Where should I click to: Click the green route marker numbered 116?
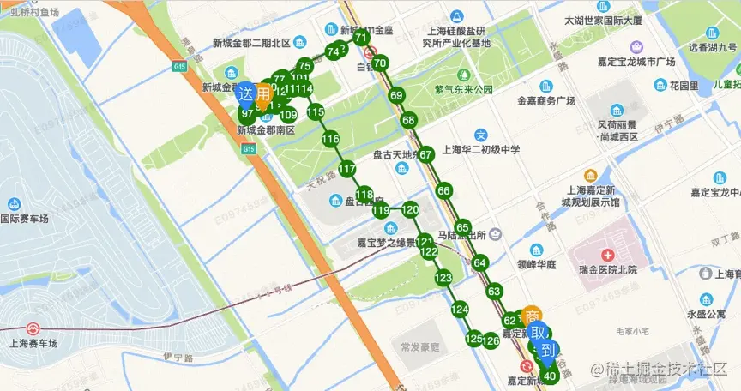pyautogui.click(x=330, y=139)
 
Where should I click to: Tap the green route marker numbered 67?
pyautogui.click(x=425, y=154)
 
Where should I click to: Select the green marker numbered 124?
pyautogui.click(x=460, y=309)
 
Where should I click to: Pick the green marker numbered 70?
pyautogui.click(x=381, y=63)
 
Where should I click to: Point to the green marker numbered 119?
pyautogui.click(x=382, y=210)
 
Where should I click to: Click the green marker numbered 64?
pyautogui.click(x=479, y=262)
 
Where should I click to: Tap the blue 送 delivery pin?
pyautogui.click(x=246, y=93)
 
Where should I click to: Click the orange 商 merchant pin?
pyautogui.click(x=531, y=315)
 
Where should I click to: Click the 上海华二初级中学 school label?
pyautogui.click(x=480, y=148)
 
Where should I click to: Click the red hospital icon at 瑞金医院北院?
pyautogui.click(x=607, y=256)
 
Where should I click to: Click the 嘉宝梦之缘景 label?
pyautogui.click(x=386, y=241)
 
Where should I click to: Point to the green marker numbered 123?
pyautogui.click(x=443, y=278)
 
